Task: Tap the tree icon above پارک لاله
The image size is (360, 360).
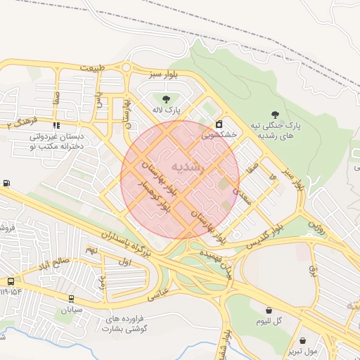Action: pos(166,99)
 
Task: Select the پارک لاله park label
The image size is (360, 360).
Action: pos(167,111)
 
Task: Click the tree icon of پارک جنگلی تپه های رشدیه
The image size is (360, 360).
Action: pos(275,114)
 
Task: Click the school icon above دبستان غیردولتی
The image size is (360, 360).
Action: pos(57,125)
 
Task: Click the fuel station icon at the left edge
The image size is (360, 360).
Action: pos(6,184)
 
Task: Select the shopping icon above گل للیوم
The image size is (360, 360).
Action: pos(269,309)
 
